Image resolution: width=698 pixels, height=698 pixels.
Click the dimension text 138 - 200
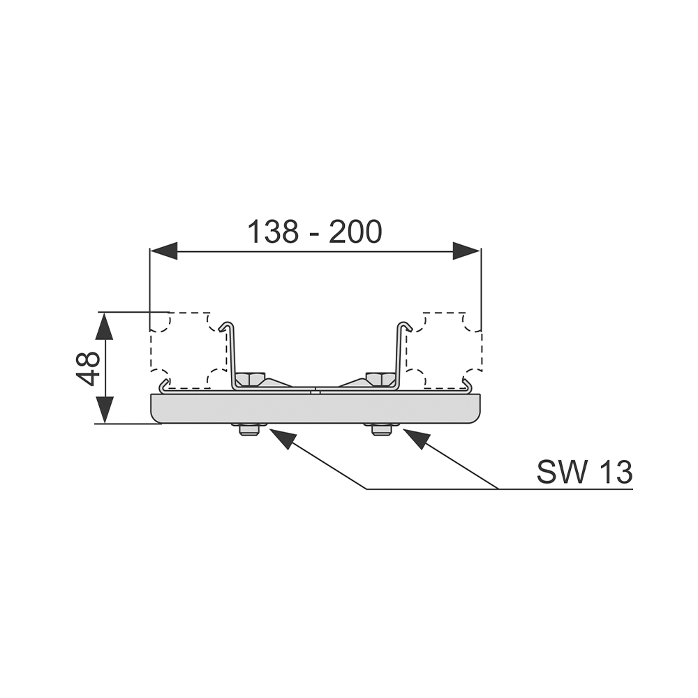[x=315, y=232]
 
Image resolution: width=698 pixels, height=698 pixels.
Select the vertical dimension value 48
[x=88, y=368]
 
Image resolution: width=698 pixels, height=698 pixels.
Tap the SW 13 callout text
[x=584, y=472]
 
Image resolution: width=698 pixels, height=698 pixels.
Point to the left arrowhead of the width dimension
[x=164, y=251]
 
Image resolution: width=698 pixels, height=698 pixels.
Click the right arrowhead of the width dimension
[x=466, y=251]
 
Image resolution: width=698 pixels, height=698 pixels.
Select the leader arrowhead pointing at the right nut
[x=414, y=438]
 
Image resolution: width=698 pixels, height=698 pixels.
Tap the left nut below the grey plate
[x=249, y=429]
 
